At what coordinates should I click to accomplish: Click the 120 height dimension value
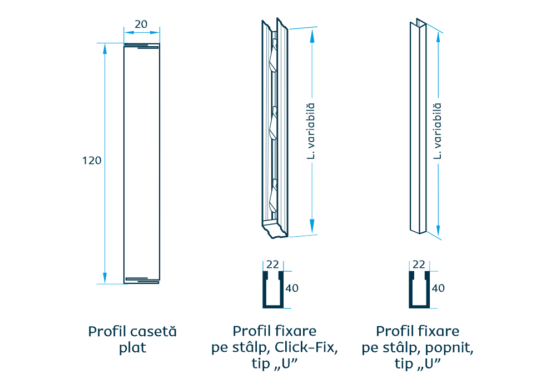[92, 161]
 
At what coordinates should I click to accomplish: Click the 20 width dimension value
[141, 24]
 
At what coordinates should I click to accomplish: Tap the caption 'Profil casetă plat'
[132, 340]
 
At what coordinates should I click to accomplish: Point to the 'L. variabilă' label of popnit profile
[438, 131]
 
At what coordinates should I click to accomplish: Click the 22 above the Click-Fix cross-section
[272, 264]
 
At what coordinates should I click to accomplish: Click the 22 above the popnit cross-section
[419, 264]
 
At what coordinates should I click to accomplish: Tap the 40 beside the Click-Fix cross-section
[292, 288]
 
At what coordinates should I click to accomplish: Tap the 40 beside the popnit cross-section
[438, 288]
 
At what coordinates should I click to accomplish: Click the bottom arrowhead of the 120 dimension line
[105, 277]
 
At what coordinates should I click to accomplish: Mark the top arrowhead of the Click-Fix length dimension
[312, 34]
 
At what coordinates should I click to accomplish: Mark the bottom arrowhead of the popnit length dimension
[439, 229]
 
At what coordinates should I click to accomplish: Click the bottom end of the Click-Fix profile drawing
[275, 231]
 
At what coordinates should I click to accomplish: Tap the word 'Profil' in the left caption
[105, 332]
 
